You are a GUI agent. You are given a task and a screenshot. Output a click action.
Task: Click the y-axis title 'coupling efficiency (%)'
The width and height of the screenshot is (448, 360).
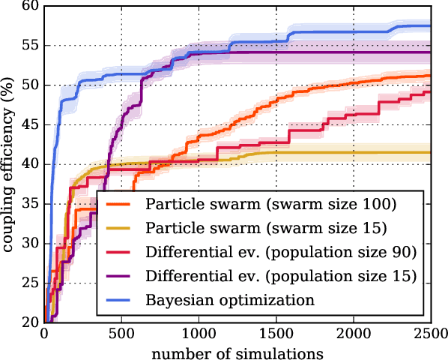[10, 163]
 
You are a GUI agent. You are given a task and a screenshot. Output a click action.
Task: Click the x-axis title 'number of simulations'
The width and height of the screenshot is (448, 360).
[237, 351]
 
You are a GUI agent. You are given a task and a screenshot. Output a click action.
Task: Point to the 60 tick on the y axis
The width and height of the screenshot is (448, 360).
[31, 6]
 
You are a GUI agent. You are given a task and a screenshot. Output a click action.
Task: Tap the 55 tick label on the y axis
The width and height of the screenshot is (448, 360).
[31, 46]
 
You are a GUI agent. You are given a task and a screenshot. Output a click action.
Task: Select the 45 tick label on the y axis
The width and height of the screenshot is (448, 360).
[31, 124]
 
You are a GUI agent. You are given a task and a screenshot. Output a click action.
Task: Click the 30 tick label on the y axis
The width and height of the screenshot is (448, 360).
[31, 244]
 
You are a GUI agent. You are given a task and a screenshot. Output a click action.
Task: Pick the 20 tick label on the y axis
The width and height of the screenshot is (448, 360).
[31, 322]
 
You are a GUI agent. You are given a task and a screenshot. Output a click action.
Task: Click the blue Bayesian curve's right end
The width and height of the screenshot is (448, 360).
[430, 26]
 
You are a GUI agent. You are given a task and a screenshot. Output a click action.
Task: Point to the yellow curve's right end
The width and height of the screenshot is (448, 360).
[430, 152]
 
